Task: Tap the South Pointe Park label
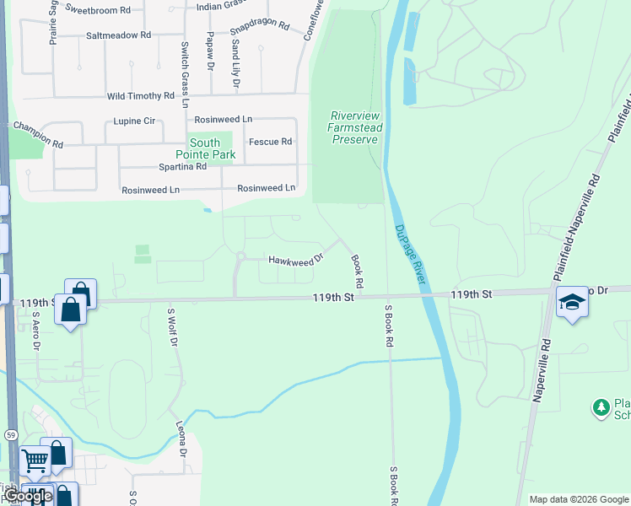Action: pyautogui.click(x=205, y=148)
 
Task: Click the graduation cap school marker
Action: pyautogui.click(x=572, y=303)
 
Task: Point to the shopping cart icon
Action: pyautogui.click(x=35, y=460)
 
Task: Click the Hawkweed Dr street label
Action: pyautogui.click(x=296, y=260)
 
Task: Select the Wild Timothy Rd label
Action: pyautogui.click(x=140, y=97)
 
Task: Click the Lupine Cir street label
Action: pyautogui.click(x=135, y=121)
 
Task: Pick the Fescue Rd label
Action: pyautogui.click(x=270, y=142)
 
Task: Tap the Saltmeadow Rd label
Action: pyautogui.click(x=118, y=35)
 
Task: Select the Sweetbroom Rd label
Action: pyautogui.click(x=98, y=10)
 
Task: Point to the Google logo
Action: pyautogui.click(x=28, y=497)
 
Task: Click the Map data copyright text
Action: pyautogui.click(x=579, y=499)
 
